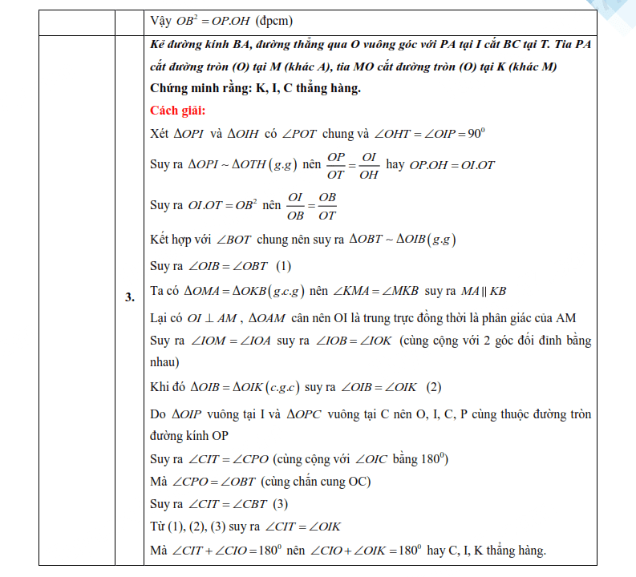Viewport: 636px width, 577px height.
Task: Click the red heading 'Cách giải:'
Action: point(178,110)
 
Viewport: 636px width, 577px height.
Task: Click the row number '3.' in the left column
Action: point(129,298)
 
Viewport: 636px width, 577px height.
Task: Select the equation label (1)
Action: point(283,266)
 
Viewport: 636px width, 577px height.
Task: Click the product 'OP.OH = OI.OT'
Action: point(452,165)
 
